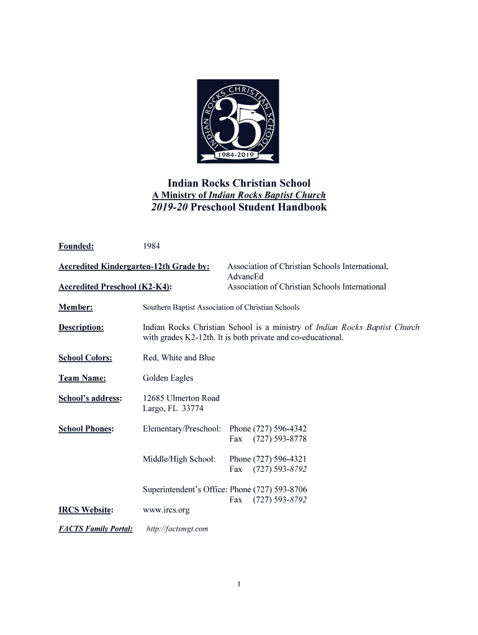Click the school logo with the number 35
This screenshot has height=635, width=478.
(238, 121)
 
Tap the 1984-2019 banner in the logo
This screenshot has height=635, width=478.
(239, 154)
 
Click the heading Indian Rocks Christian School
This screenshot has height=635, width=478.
(239, 183)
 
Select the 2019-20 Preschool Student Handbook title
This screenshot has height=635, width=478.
(239, 207)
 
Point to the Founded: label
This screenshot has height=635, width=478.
(76, 247)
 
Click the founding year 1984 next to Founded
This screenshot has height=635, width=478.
(151, 247)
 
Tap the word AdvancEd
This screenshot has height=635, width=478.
(246, 277)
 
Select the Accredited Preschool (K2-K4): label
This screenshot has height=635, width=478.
(115, 286)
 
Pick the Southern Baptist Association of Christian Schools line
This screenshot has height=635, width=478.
(221, 307)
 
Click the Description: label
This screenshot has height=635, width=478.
(81, 327)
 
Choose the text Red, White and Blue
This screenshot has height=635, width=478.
(179, 358)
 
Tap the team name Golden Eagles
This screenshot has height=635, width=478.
(168, 378)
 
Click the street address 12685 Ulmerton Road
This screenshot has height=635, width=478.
(181, 398)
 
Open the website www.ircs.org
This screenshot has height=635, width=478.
(166, 510)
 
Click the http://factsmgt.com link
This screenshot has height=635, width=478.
(177, 529)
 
